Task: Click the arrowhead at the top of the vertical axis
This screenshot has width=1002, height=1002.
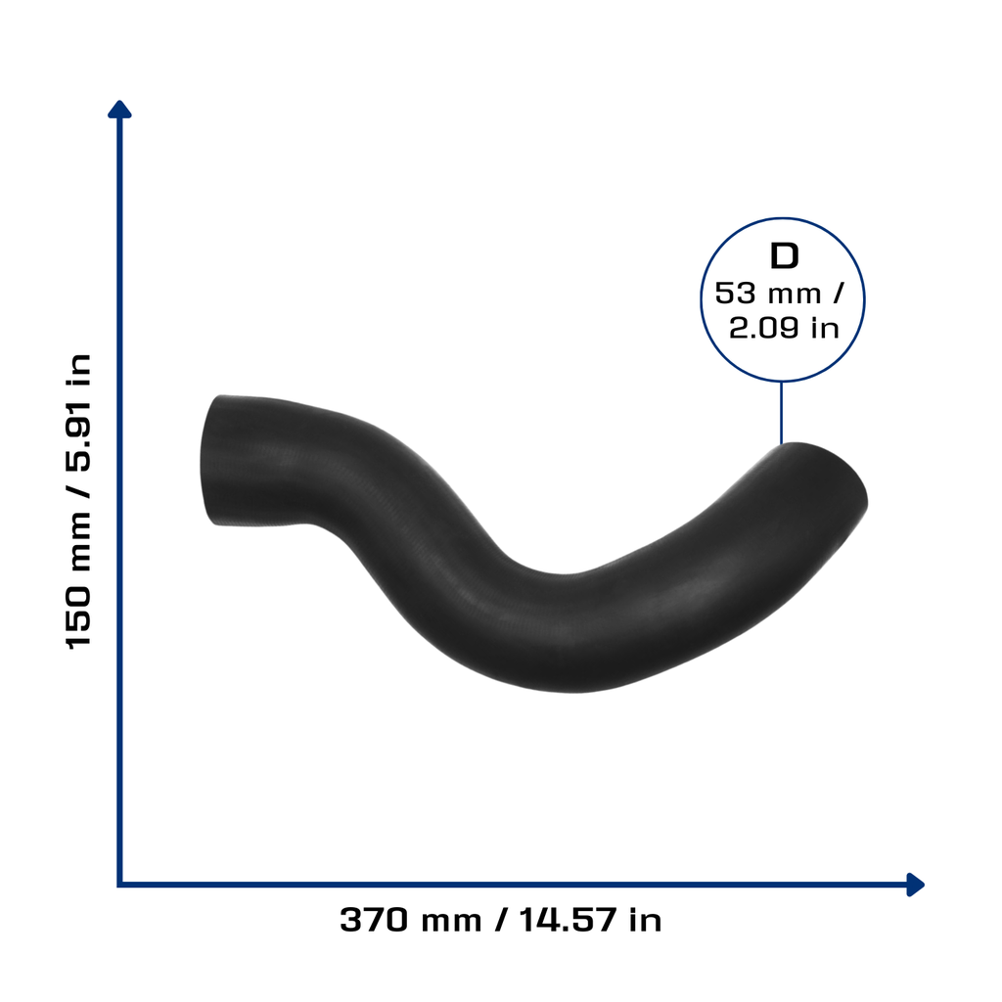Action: point(119,110)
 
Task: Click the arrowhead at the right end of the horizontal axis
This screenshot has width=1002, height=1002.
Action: point(916,885)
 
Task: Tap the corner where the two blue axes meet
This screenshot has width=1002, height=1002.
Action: point(119,885)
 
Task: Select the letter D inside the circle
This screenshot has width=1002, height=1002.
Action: point(784,256)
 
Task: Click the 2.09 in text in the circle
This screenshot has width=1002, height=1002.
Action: point(784,328)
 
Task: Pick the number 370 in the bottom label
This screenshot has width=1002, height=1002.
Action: point(374,920)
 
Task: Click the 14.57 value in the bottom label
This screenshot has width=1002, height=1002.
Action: point(568,920)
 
